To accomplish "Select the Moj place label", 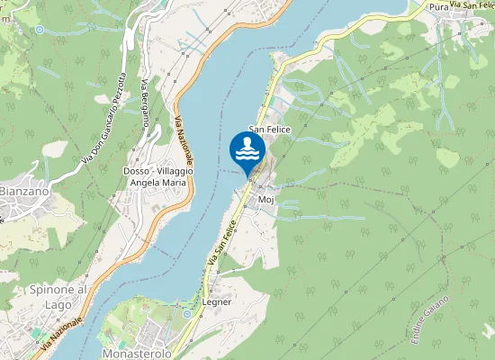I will [x=265, y=200].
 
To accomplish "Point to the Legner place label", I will [x=218, y=302].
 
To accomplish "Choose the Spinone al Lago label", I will [x=58, y=296].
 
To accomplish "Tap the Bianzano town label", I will [x=18, y=191].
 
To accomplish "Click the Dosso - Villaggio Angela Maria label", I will [x=158, y=176].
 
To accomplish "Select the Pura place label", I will [x=438, y=7].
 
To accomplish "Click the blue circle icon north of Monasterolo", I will [x=187, y=314].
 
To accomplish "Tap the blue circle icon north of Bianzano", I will [x=40, y=30].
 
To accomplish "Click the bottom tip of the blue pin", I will [x=247, y=175].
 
